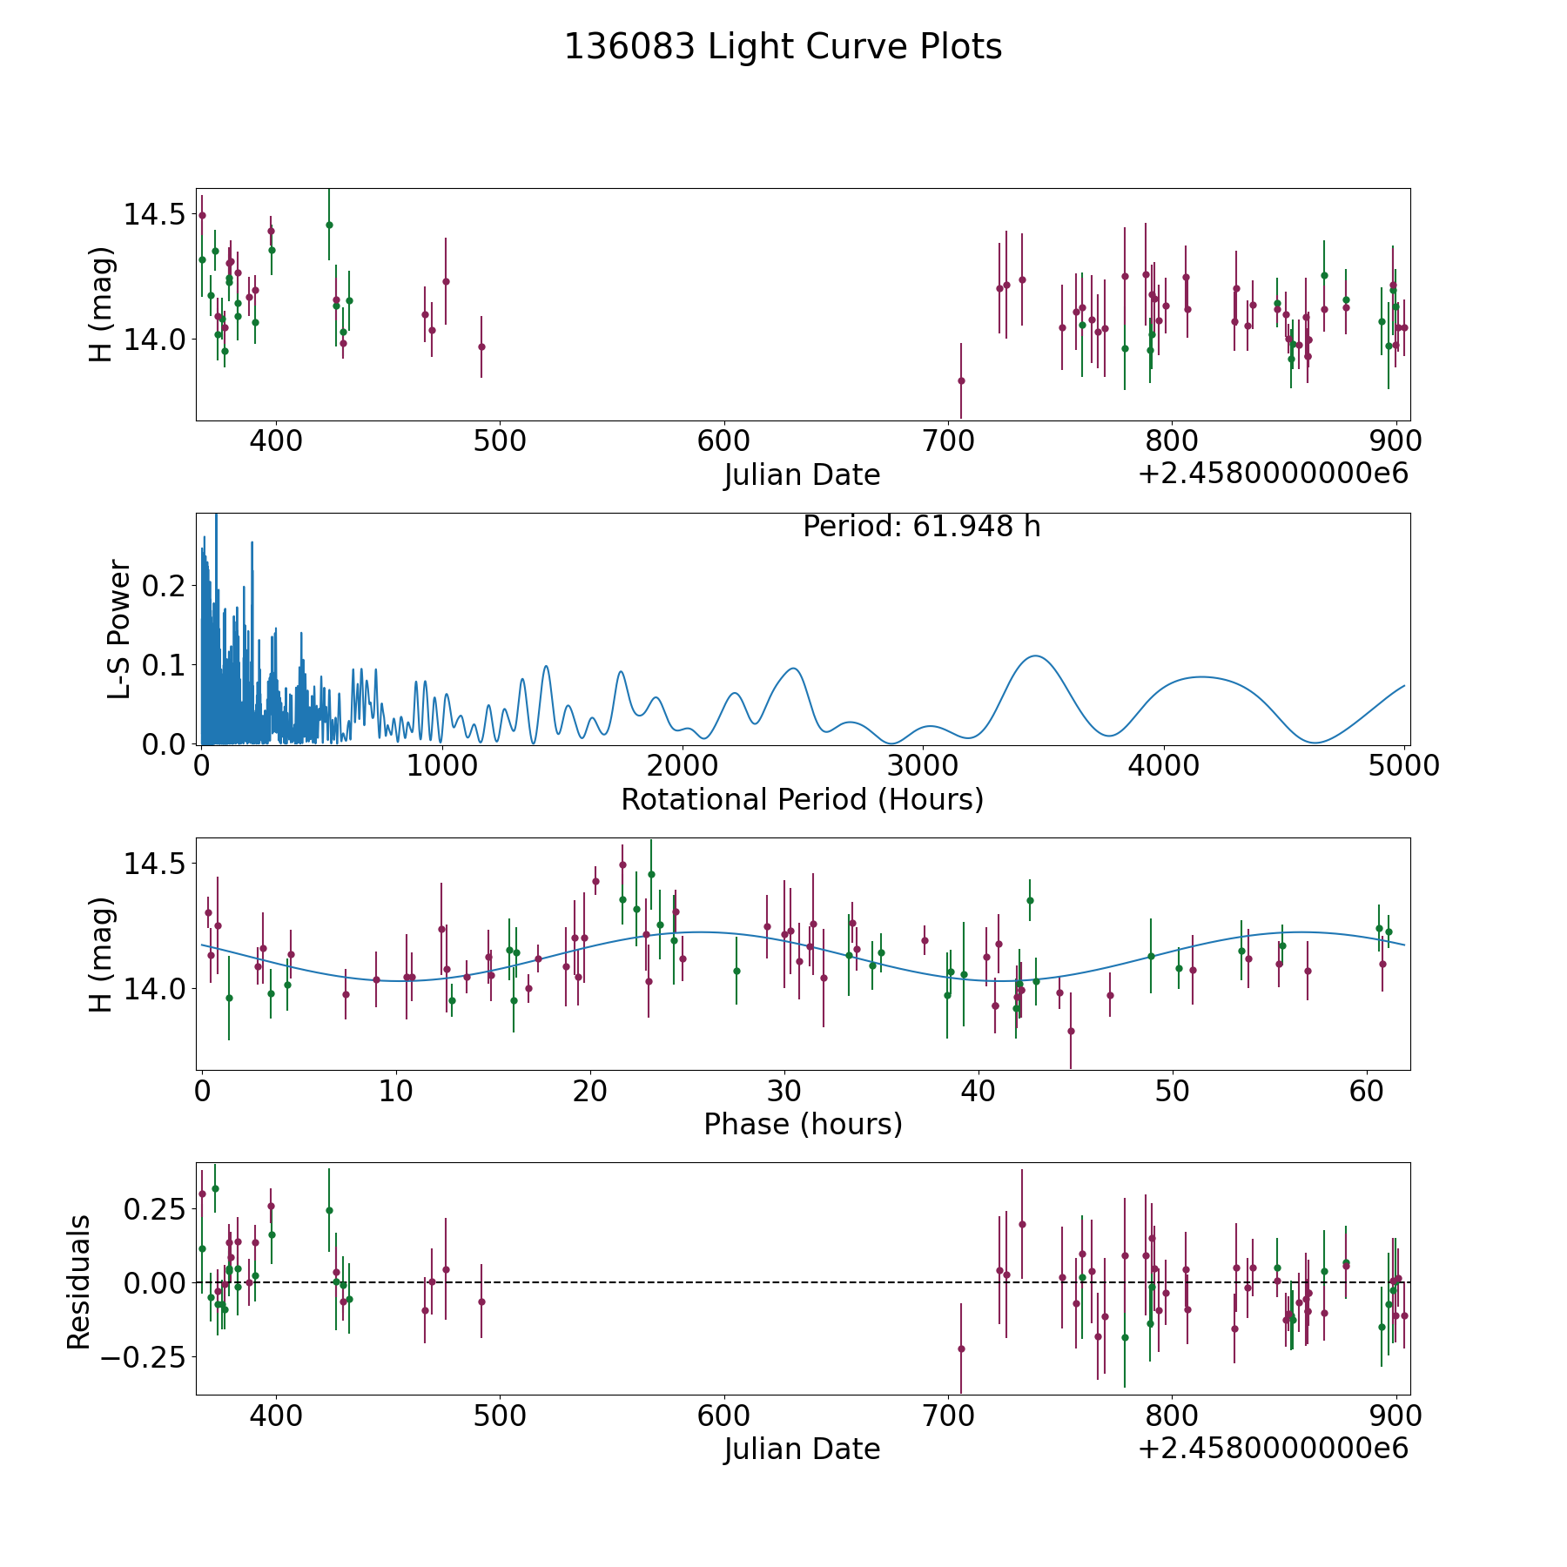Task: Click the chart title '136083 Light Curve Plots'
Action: click(x=783, y=47)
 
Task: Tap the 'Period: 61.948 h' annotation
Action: click(x=921, y=527)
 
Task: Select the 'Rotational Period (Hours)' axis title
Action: click(x=802, y=799)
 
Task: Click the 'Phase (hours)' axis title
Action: click(x=802, y=1124)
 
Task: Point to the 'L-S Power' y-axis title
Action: click(x=120, y=629)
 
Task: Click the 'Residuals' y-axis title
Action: click(x=79, y=1281)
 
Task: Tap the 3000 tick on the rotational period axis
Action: click(x=923, y=765)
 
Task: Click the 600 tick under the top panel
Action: click(x=724, y=441)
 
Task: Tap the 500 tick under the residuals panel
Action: click(x=500, y=1416)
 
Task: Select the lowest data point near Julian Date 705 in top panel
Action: click(x=961, y=380)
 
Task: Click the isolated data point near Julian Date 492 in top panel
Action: click(x=481, y=346)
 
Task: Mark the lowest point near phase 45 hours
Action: click(x=1071, y=1031)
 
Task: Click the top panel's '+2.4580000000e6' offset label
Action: click(x=1273, y=474)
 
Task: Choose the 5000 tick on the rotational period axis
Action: click(x=1404, y=765)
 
